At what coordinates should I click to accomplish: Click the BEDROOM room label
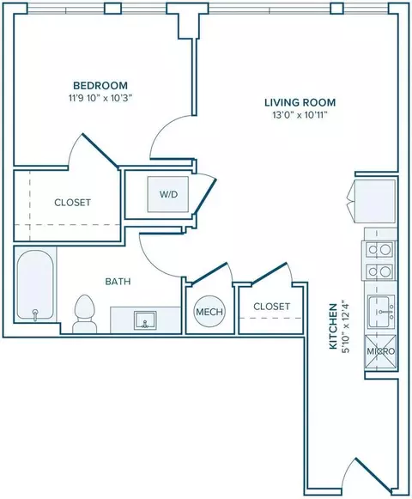(x=100, y=85)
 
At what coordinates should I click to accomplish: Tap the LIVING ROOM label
(x=300, y=102)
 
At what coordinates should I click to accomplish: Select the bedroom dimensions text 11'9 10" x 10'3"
(x=100, y=98)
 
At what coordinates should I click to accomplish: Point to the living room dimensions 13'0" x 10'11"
(x=300, y=115)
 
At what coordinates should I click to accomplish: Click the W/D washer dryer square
(x=168, y=194)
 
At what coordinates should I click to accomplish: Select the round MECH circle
(x=209, y=312)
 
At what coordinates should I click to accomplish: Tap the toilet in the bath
(x=85, y=313)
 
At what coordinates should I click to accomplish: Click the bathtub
(x=35, y=284)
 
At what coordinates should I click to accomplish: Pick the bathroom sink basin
(x=145, y=319)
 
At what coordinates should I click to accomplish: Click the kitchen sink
(x=381, y=312)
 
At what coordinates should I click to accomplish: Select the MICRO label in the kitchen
(x=381, y=351)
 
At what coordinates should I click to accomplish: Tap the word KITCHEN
(x=333, y=326)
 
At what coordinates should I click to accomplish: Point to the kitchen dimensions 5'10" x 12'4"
(x=345, y=326)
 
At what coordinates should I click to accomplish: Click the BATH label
(x=118, y=282)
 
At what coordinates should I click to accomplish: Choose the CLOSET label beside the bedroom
(x=73, y=203)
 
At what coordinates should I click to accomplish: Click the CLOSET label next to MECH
(x=272, y=306)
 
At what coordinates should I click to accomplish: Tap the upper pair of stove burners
(x=379, y=250)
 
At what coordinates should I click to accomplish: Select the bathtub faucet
(x=35, y=313)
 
